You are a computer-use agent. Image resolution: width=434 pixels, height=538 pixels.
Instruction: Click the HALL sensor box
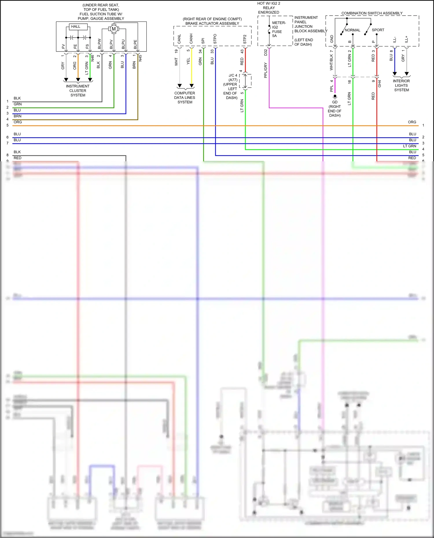click(x=78, y=27)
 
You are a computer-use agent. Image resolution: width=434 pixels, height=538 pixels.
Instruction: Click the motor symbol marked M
click(x=113, y=29)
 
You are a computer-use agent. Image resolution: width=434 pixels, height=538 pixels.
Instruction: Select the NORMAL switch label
click(x=352, y=30)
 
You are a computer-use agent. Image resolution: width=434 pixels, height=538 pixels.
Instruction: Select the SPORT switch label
click(x=378, y=30)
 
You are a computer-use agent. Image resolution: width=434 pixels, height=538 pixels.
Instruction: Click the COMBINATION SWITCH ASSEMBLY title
click(x=372, y=13)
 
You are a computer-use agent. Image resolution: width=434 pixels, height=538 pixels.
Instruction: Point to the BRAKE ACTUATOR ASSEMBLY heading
click(x=212, y=23)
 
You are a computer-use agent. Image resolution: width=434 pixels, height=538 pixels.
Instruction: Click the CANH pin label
click(x=191, y=39)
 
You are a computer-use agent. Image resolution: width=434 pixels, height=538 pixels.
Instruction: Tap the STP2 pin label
click(x=245, y=39)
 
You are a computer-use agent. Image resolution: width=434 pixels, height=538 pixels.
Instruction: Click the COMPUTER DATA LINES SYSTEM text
click(x=185, y=98)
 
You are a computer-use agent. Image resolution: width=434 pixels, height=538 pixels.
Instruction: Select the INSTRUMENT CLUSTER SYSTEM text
click(x=78, y=91)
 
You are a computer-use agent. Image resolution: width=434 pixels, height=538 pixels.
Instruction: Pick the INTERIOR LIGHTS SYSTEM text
click(x=401, y=86)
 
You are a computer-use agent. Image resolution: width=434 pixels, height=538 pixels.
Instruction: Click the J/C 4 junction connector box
click(x=245, y=81)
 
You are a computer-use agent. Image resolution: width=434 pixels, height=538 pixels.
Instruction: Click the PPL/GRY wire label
click(x=265, y=70)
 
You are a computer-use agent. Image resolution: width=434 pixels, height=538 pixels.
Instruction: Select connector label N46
click(x=93, y=58)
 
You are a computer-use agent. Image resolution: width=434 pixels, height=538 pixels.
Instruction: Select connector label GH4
click(x=380, y=84)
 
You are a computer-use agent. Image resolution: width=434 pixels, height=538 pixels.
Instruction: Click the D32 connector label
click(x=265, y=53)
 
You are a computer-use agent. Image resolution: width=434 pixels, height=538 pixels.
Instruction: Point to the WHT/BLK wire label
click(x=331, y=62)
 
